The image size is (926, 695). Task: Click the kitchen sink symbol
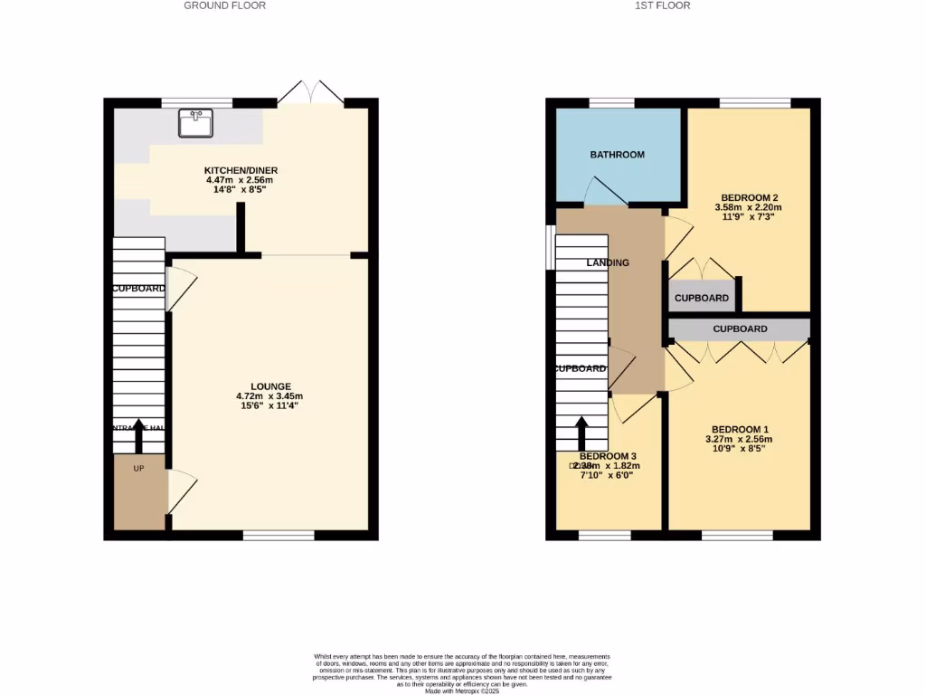click(x=196, y=123)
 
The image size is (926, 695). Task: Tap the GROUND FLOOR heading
click(x=224, y=5)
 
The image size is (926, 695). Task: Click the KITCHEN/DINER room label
click(x=241, y=170)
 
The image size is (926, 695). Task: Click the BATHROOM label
click(x=617, y=155)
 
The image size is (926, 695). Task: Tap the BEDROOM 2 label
click(x=750, y=197)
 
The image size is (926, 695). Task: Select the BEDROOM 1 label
click(x=740, y=429)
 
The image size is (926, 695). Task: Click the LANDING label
click(x=608, y=262)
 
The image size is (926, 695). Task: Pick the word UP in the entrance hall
click(x=138, y=469)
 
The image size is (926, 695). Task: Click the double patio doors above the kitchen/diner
click(x=310, y=92)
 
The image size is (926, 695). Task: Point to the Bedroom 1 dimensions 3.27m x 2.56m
click(x=739, y=440)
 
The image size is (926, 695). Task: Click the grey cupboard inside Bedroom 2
click(x=702, y=298)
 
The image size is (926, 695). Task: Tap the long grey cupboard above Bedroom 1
click(x=740, y=329)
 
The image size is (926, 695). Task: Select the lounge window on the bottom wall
click(x=279, y=535)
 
